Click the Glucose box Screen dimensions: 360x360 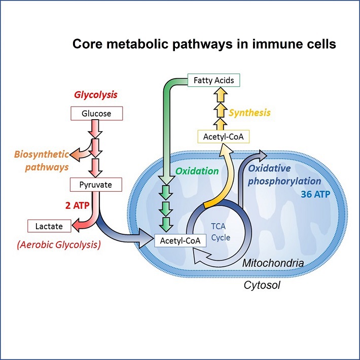coord(96,114)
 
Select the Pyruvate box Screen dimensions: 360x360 coord(96,185)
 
